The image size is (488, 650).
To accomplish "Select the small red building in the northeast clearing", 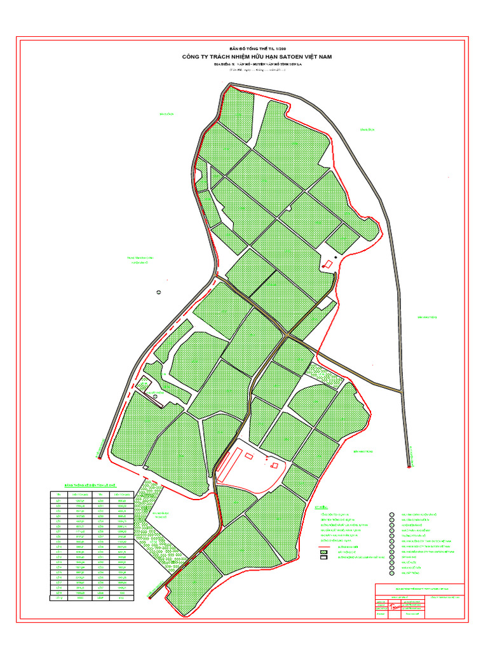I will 328,263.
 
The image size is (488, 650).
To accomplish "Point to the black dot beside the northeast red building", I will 335,256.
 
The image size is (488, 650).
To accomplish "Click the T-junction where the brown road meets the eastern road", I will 400,391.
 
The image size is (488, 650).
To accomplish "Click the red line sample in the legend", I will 324,547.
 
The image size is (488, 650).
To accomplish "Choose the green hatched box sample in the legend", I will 324,553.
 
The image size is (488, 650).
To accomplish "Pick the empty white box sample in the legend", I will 324,559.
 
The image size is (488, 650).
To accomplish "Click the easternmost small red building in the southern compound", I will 274,465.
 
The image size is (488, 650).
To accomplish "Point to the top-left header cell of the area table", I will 58,494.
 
